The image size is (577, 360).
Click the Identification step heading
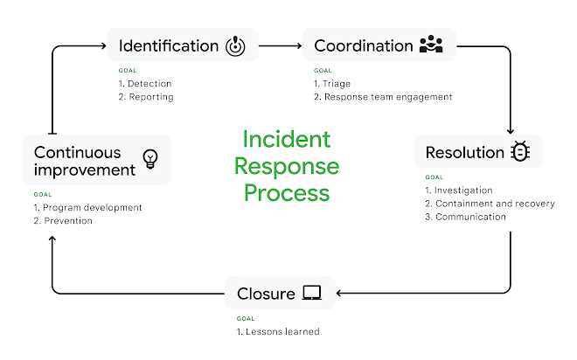(x=168, y=45)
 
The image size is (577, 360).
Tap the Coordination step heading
(x=364, y=45)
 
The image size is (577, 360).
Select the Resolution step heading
(x=464, y=153)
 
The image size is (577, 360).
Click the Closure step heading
(x=266, y=294)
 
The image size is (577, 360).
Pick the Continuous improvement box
(x=96, y=160)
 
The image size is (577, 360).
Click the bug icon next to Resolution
(x=521, y=153)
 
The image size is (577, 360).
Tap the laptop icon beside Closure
(x=312, y=294)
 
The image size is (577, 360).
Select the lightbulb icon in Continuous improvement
(x=150, y=159)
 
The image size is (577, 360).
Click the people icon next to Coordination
(x=431, y=45)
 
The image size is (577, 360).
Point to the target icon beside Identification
(x=236, y=45)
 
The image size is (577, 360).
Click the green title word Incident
(x=287, y=140)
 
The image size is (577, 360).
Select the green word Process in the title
(x=287, y=192)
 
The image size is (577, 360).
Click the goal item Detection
(x=149, y=84)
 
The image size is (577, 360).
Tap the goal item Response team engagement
(x=388, y=97)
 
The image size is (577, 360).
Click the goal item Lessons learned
(x=282, y=331)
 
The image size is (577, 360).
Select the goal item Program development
(x=92, y=208)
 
